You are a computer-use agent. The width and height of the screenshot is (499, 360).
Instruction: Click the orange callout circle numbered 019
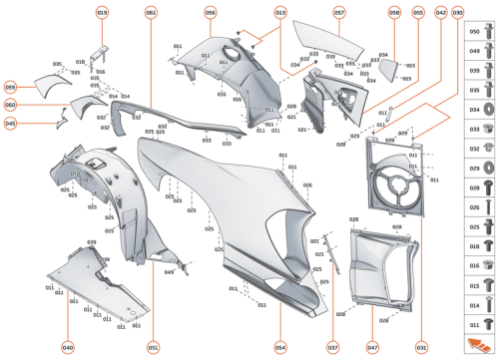point(102,12)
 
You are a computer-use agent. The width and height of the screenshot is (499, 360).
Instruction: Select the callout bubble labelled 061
point(151,12)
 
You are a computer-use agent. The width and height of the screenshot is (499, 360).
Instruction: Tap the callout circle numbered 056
point(211,12)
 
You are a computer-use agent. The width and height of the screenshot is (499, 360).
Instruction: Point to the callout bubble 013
point(280,12)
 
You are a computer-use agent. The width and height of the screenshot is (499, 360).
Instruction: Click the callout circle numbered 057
point(339,12)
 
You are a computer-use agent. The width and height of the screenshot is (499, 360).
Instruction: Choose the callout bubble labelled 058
point(394,12)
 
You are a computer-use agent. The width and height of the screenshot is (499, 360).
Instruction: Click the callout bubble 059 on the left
point(10,87)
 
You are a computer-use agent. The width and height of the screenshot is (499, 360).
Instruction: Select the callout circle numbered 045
point(10,124)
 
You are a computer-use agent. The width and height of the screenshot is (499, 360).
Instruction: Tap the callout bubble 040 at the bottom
point(68,347)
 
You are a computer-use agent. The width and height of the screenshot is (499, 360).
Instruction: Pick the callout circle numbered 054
point(281,347)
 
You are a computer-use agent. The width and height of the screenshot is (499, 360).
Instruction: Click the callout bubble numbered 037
point(333,347)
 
